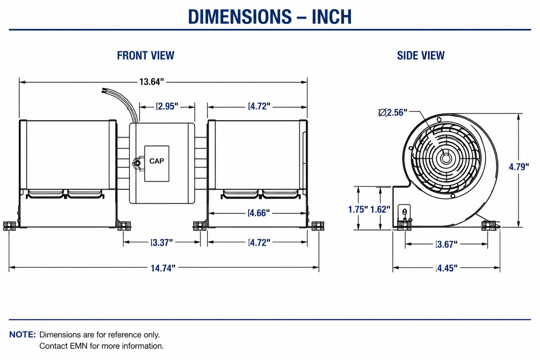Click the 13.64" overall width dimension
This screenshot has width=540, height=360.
click(152, 82)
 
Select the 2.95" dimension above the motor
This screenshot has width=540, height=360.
click(167, 106)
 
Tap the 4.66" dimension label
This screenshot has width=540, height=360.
click(259, 213)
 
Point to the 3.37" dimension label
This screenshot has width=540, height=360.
click(162, 243)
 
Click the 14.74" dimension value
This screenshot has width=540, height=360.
click(163, 268)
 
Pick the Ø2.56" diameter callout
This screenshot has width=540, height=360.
click(393, 113)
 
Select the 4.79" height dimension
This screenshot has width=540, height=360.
click(519, 167)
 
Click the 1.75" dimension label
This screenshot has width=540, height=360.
click(358, 210)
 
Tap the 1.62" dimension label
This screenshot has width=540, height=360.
click(380, 210)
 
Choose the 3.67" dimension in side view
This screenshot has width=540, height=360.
click(446, 244)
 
